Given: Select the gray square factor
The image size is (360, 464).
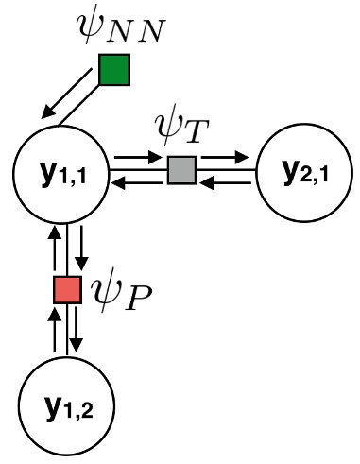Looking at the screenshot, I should click(x=180, y=170).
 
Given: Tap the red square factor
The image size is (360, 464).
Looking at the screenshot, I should click(x=66, y=290).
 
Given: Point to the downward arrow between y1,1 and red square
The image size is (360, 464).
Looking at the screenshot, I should click(x=82, y=244).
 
